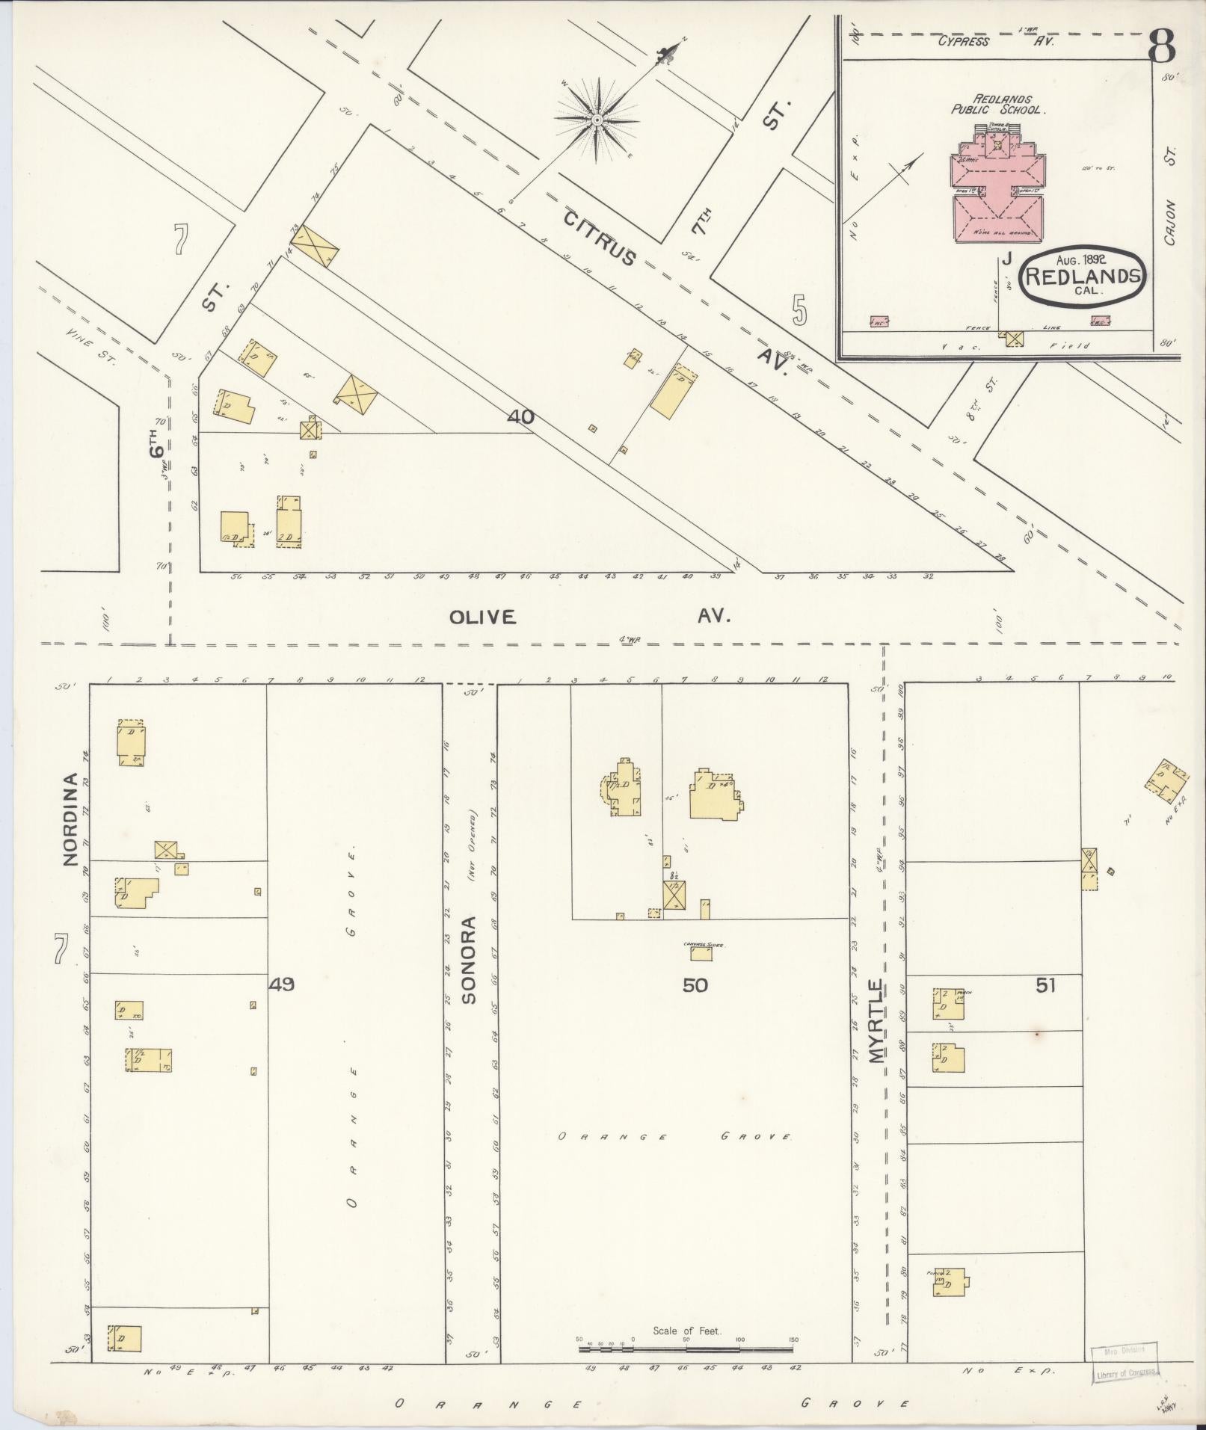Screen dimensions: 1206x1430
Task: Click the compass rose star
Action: coord(597,120)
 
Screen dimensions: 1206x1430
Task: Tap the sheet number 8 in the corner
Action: coord(1161,48)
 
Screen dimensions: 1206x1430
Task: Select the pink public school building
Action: coord(994,191)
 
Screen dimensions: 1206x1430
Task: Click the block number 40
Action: coord(520,417)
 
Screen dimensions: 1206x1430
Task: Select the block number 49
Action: coord(281,984)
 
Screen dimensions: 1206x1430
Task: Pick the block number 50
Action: coord(695,985)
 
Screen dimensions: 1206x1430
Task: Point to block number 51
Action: coord(1045,985)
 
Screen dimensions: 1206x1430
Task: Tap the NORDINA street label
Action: coord(70,819)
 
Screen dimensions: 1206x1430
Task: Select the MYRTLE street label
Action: coord(876,1021)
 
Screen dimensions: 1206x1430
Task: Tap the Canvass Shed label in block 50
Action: coord(701,945)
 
